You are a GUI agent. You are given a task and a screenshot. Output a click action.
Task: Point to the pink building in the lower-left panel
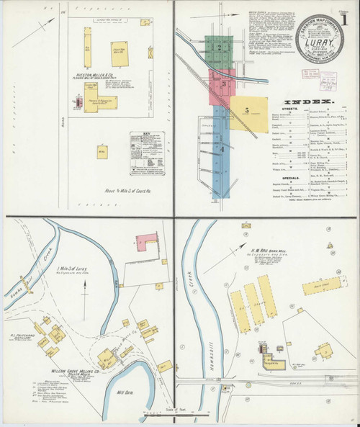147,243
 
